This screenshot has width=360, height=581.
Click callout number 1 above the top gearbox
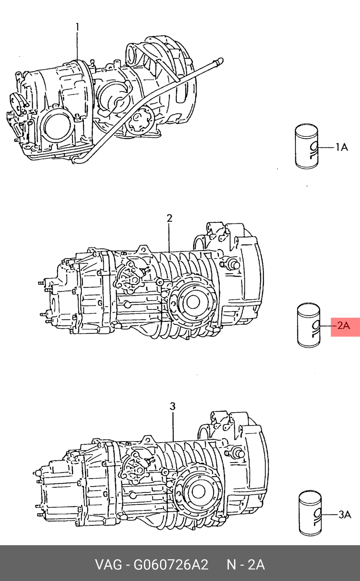tap(77, 27)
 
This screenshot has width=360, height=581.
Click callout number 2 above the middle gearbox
tap(169, 218)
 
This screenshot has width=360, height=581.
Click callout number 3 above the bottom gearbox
tap(172, 406)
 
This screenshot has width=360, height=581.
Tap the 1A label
tap(342, 147)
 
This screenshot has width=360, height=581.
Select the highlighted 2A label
tap(344, 325)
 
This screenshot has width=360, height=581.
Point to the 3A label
tap(345, 514)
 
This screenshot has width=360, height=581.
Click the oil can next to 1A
tap(307, 146)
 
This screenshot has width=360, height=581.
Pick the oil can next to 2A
tap(309, 325)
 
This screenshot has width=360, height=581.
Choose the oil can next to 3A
tap(310, 514)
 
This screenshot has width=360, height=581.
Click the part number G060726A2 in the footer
tap(171, 565)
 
